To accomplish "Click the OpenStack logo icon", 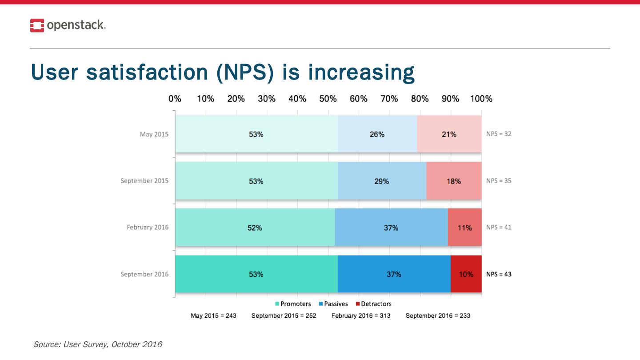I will (x=37, y=25).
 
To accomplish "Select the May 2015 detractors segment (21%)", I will (x=449, y=134).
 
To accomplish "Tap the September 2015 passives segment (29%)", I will (x=382, y=181).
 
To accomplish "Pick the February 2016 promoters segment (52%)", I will (x=255, y=228).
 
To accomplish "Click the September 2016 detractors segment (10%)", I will (x=466, y=274).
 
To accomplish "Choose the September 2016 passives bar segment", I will (x=394, y=274).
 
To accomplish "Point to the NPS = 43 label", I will (x=499, y=274).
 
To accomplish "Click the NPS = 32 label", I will (x=499, y=134).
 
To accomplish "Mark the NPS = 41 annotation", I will (x=499, y=227).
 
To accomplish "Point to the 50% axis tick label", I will (x=328, y=99).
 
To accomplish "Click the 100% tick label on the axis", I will (x=481, y=99).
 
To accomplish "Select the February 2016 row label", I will (x=148, y=228).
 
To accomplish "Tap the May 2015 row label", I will (x=154, y=134).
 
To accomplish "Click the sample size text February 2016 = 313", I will (x=361, y=316).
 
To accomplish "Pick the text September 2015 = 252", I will (x=284, y=316).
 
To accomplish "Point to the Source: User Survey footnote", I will (x=98, y=344).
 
